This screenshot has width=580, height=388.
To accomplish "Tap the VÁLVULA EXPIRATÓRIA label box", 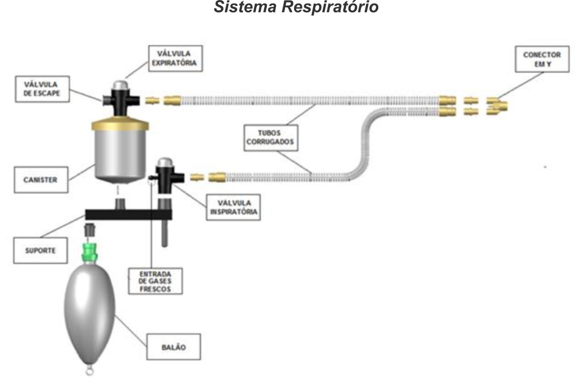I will coord(175,58).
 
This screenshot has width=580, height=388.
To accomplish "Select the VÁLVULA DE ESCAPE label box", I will coord(42,89).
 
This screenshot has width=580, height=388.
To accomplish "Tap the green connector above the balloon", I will coord(89,252).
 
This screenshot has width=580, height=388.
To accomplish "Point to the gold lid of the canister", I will coord(120,124).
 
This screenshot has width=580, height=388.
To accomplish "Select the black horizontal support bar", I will coord(128,215).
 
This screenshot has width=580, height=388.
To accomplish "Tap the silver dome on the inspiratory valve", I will coord(164,163).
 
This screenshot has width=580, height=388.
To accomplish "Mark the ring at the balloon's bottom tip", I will coord(89,372).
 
